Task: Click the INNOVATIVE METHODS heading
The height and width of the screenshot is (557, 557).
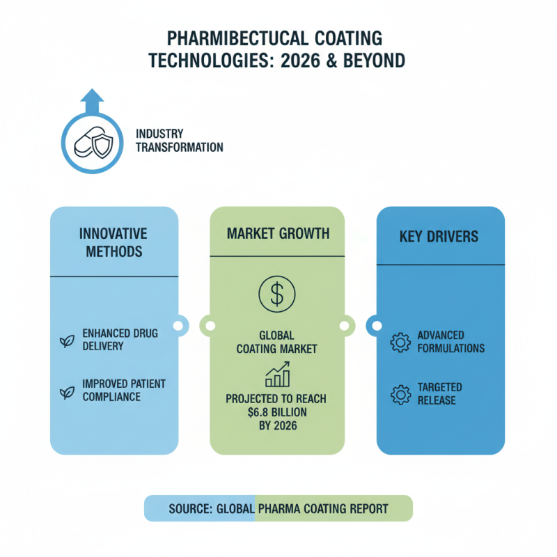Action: [113, 242]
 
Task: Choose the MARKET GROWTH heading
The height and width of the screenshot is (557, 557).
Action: [278, 233]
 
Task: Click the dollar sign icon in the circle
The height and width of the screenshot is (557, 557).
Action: [277, 293]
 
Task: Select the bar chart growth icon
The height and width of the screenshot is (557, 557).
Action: [276, 375]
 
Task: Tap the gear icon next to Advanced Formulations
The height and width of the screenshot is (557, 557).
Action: [400, 343]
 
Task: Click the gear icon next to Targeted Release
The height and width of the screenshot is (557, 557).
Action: [400, 394]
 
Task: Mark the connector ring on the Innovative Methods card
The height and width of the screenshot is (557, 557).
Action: [179, 324]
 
